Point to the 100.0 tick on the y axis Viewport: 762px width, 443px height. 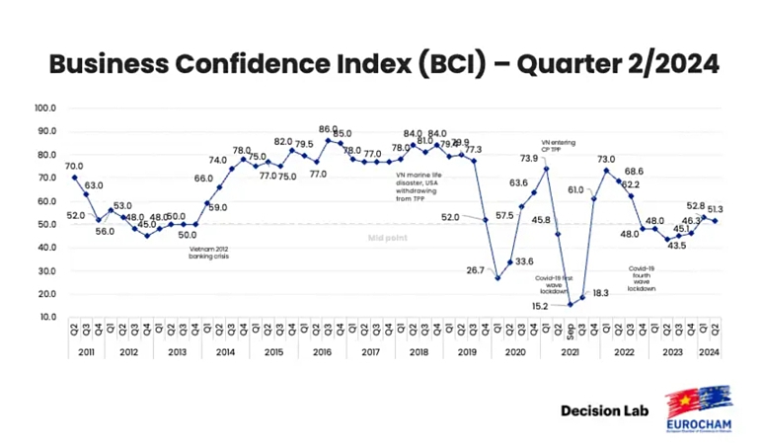tap(46, 108)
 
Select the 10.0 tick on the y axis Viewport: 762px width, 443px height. tap(47, 317)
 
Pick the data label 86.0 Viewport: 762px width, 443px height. tap(329, 129)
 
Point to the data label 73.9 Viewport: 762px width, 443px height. tap(529, 159)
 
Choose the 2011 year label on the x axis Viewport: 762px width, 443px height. tap(86, 353)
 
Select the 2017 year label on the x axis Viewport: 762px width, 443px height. tap(370, 353)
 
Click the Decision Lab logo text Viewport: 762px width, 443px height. tap(604, 409)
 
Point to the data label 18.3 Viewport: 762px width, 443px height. tap(600, 294)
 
